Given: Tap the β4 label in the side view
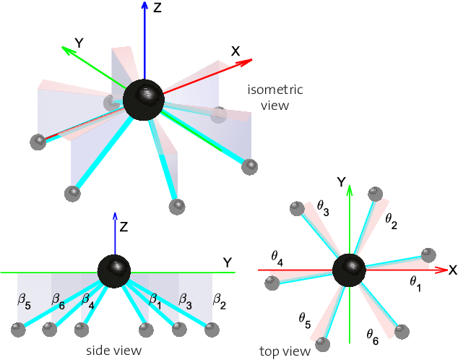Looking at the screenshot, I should [x=88, y=299].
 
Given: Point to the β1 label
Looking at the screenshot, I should [x=155, y=299].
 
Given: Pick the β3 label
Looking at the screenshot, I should [x=185, y=299].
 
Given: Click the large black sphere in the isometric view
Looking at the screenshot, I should [x=144, y=100].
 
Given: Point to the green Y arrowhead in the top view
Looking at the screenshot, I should [x=350, y=189].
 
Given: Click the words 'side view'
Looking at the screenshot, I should [x=113, y=351].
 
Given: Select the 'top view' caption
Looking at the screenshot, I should [x=285, y=351].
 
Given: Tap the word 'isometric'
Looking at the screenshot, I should [x=275, y=90].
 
